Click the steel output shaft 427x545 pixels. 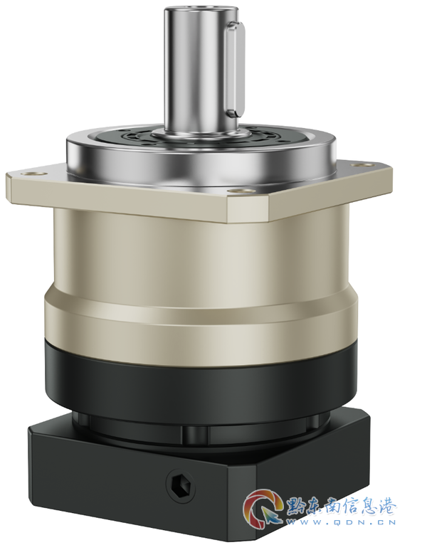coord(200,70)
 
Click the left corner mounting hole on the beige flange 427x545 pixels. coord(34,173)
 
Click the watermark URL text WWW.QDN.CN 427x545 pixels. coord(340,522)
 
